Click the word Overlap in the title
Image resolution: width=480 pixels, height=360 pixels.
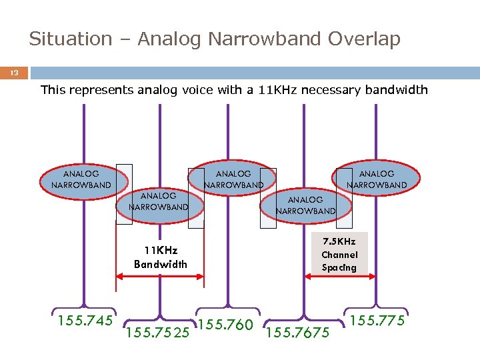pos(364,39)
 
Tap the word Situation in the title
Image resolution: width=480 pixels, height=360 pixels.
pos(71,39)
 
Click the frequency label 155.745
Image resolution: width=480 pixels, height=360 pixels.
pos(85,321)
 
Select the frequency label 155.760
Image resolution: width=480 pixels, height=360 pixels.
pos(226,325)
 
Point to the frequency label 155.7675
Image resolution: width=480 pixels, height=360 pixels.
pos(297,331)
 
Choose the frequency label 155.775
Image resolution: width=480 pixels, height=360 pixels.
pos(377,321)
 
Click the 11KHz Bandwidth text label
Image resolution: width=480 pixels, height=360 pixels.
pos(161,257)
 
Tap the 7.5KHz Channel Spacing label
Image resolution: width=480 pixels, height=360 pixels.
pos(339,255)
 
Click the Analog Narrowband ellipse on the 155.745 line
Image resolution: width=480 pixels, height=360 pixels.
pos(81,179)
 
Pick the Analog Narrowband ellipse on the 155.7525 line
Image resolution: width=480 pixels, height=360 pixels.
pos(158,201)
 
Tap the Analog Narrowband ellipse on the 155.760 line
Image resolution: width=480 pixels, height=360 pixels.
pos(232,179)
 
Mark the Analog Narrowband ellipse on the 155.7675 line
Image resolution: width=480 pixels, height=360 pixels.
pos(305,205)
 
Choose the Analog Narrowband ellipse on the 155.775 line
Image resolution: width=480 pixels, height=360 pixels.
pos(376,179)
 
